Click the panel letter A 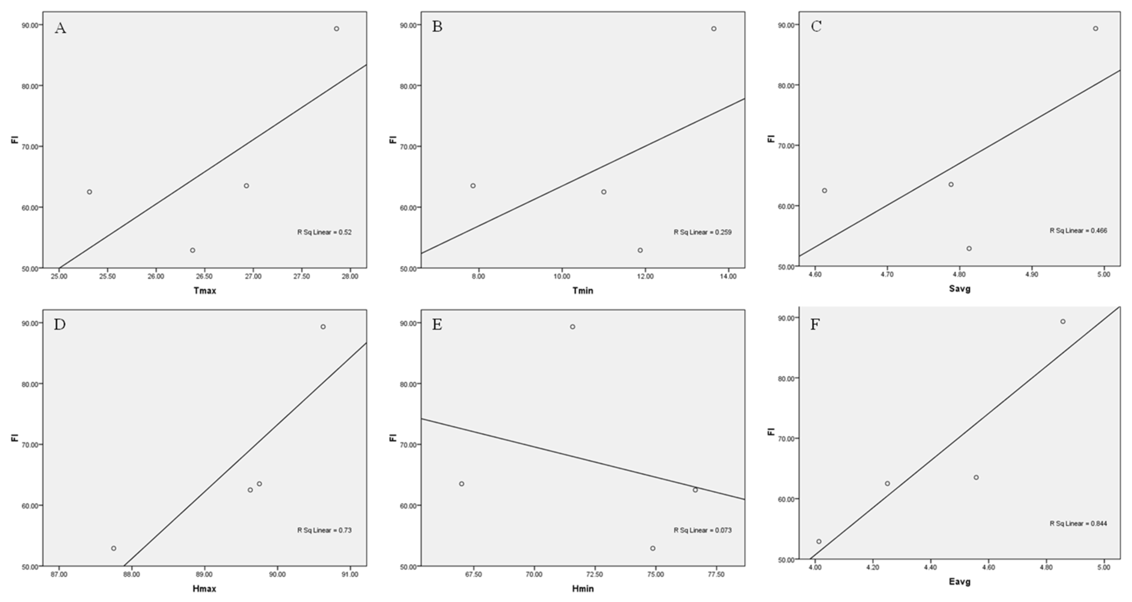point(60,28)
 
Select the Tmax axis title point(205,291)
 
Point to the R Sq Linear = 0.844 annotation point(1078,523)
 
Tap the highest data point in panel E point(573,327)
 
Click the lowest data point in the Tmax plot point(192,250)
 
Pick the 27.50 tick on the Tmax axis point(301,276)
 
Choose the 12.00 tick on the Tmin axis point(645,276)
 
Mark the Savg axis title point(960,289)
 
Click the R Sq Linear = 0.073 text point(703,530)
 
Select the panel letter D point(60,325)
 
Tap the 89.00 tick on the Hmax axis point(204,574)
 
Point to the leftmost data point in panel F point(819,541)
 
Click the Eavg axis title point(960,582)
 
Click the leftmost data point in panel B point(473,186)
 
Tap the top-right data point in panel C point(1095,29)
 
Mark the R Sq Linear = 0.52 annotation point(324,232)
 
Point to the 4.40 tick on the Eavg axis point(930,567)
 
